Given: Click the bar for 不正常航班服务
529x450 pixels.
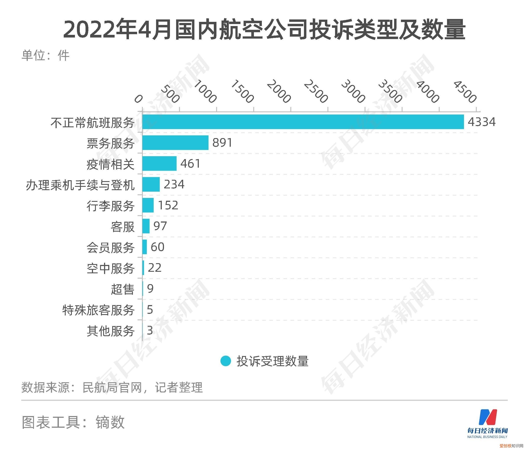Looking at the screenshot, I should (303, 122).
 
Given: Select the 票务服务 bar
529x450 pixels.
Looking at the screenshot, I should (175, 142).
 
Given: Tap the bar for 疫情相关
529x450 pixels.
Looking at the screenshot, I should (159, 163).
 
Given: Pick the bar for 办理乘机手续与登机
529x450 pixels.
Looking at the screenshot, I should (151, 184).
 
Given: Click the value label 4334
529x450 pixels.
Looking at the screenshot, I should (482, 122).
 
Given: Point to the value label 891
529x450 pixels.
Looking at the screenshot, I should (222, 142).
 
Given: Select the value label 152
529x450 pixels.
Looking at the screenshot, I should (168, 205).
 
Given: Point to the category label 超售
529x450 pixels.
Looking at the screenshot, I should (122, 289).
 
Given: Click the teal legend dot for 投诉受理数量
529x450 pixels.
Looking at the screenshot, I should (226, 361).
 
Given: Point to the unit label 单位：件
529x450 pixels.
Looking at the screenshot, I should (45, 55).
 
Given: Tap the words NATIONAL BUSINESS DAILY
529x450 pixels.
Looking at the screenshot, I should (487, 437).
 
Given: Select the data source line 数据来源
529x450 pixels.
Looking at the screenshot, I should (112, 387).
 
